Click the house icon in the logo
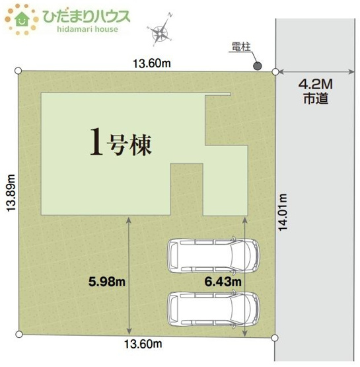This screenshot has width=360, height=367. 21,19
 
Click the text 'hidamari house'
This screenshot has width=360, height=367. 80,29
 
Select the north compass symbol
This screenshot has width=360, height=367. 160,31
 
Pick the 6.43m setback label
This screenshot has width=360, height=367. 223,282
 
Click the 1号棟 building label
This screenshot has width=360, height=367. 121,143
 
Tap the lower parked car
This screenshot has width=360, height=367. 213,307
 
